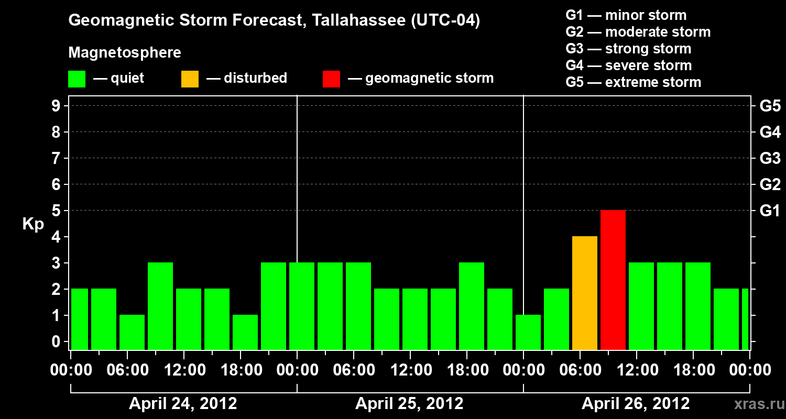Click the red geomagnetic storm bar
click(x=613, y=280)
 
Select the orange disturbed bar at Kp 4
click(x=585, y=293)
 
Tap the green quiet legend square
click(x=77, y=79)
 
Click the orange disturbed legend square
click(x=190, y=79)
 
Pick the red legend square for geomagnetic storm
click(x=331, y=79)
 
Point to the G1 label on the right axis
click(x=770, y=211)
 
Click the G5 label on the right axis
click(x=770, y=106)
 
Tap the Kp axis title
click(x=33, y=224)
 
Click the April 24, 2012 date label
click(x=183, y=404)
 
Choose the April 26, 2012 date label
click(x=636, y=404)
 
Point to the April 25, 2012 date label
click(x=409, y=404)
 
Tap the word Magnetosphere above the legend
click(x=125, y=53)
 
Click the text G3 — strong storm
click(x=628, y=49)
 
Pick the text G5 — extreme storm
click(x=633, y=82)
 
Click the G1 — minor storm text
click(x=626, y=15)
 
